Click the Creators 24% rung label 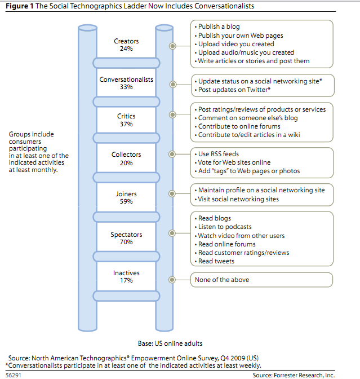tap(126, 45)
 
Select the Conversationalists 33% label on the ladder tap(126, 83)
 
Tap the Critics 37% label tap(126, 120)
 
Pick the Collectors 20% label tap(126, 158)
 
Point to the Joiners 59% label tap(126, 197)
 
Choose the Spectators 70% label tap(126, 238)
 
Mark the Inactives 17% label tap(126, 276)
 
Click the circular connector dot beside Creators tap(172, 46)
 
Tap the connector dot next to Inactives tap(172, 280)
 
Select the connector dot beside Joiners tap(172, 193)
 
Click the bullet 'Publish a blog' tap(217, 27)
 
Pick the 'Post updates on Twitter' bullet tap(233, 90)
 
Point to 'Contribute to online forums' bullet tap(238, 126)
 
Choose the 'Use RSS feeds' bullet tap(217, 154)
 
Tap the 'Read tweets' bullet tap(215, 261)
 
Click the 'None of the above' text tap(222, 280)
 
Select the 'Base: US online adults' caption tap(170, 343)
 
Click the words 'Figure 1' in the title tap(20, 6)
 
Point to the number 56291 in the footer tap(14, 375)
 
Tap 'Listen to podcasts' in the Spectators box tap(223, 227)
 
